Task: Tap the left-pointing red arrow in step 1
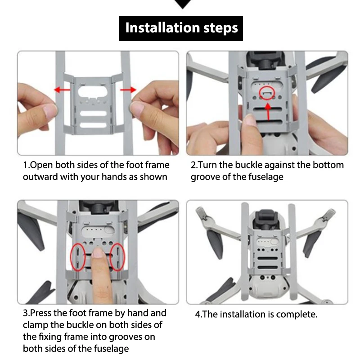(63, 90)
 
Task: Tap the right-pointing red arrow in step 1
(128, 90)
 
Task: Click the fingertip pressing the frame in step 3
(99, 252)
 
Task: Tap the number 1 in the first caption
(26, 165)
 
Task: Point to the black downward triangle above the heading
(183, 4)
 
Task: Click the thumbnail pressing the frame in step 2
(250, 119)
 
